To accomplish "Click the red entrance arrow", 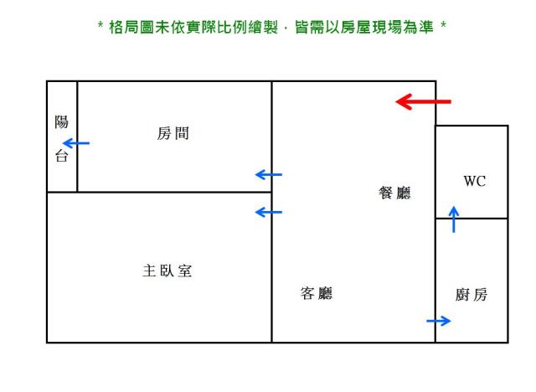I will [423, 102].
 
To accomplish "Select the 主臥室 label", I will [167, 271].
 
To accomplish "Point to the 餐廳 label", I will [395, 193].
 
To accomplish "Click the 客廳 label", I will [317, 293].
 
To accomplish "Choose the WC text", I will [474, 181].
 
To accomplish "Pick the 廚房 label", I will [472, 295].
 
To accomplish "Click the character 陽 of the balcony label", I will [61, 122].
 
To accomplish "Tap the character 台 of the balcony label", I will [61, 156].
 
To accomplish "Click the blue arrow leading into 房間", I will [268, 174].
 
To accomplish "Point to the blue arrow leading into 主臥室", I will [268, 212].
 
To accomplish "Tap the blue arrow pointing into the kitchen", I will [439, 321].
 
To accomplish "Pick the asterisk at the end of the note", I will [442, 26].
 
